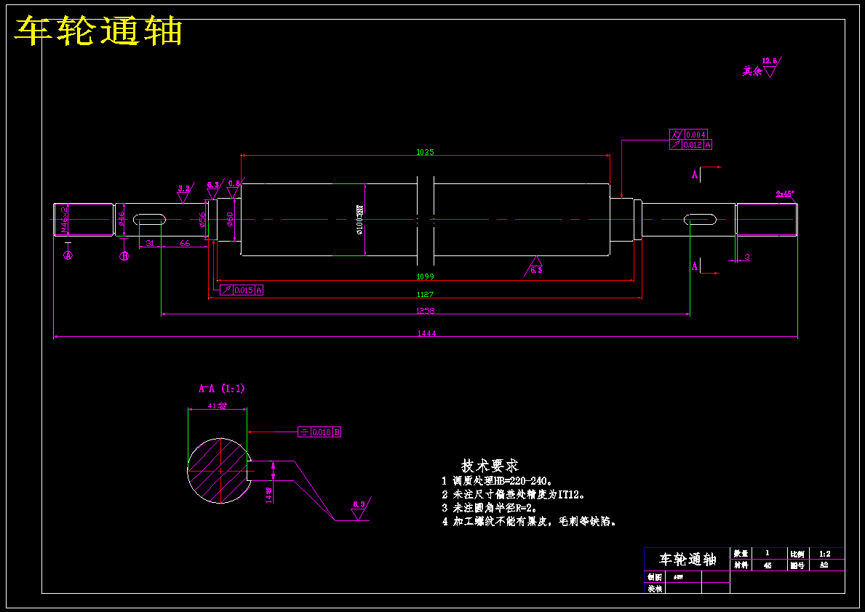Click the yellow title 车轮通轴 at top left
(98, 32)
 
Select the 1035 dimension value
(425, 152)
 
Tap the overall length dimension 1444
(426, 333)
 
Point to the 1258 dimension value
(426, 311)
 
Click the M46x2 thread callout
(64, 219)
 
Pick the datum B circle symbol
(124, 256)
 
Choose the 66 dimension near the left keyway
(185, 243)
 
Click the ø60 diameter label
(230, 218)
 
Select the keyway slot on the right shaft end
(700, 218)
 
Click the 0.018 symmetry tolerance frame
(320, 432)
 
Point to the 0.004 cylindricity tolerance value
(696, 135)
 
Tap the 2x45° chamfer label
(785, 194)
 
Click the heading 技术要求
(490, 465)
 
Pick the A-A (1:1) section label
(222, 389)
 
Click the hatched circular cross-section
(217, 471)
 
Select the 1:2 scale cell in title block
(824, 554)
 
